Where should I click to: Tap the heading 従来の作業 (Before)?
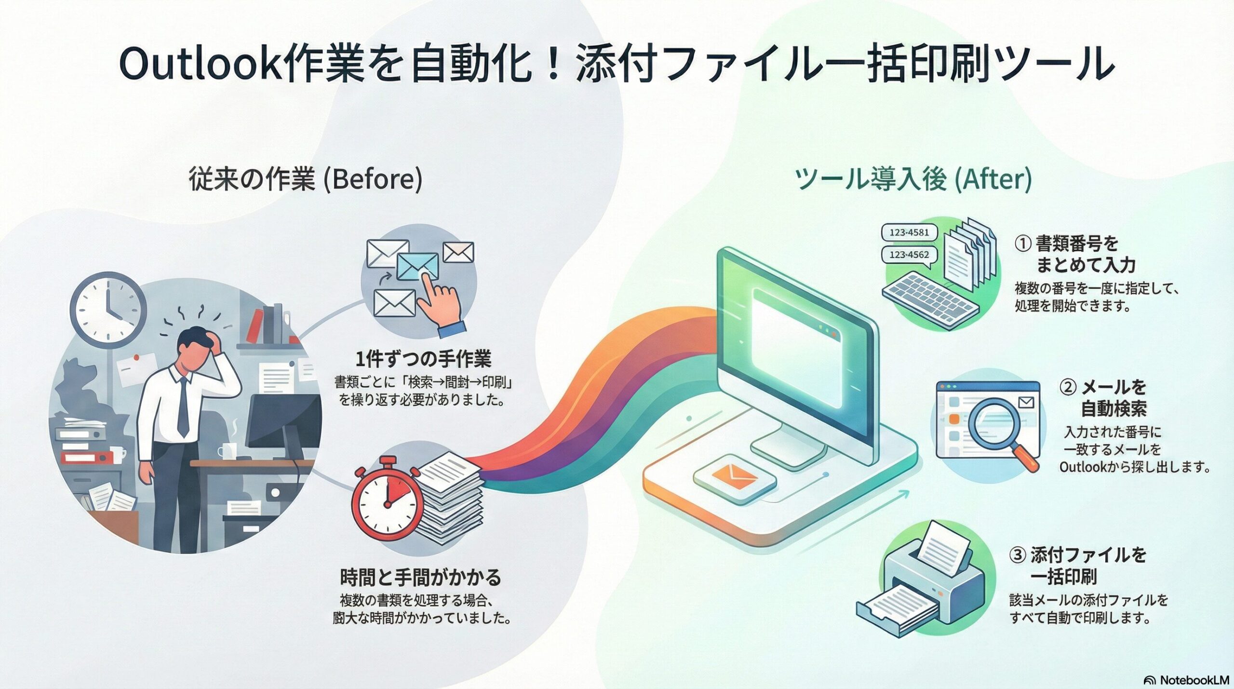point(306,179)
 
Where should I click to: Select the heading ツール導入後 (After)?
point(913,179)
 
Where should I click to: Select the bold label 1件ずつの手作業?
point(423,360)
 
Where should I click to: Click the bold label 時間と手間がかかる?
point(420,577)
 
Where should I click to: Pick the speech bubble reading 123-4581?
point(909,232)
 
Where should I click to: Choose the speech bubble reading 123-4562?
point(909,255)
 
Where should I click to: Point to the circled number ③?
point(1017,555)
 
